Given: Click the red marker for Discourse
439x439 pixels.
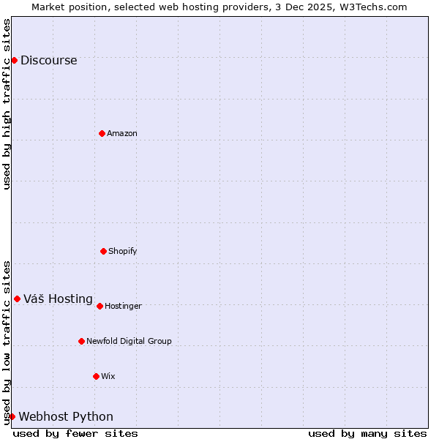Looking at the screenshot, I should [14, 60].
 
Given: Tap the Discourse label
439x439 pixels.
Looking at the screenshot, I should [48, 61].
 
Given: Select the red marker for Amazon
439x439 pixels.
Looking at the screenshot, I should [102, 133].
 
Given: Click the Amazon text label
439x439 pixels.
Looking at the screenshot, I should [122, 133].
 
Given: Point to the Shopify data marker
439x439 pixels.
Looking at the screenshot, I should [103, 251].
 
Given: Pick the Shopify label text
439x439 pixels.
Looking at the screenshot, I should [123, 251].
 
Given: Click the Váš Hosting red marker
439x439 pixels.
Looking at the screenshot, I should [17, 299].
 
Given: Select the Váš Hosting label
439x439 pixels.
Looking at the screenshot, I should [58, 299].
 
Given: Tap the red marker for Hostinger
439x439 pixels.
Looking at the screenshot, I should [100, 306].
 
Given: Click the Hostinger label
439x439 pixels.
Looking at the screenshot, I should [123, 306].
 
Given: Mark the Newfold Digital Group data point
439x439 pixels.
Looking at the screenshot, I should [81, 341].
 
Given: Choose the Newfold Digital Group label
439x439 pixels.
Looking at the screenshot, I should [129, 341].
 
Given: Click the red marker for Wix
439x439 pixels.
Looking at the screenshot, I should [96, 376].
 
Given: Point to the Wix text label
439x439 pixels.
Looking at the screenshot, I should [108, 376].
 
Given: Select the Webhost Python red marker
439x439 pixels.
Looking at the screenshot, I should [12, 416].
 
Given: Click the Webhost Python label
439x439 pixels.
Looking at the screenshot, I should [66, 417].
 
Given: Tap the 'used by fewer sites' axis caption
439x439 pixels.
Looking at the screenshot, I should [75, 433].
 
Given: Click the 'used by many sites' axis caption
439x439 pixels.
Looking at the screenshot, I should [367, 433].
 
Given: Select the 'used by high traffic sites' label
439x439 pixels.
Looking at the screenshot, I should [7, 104].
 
